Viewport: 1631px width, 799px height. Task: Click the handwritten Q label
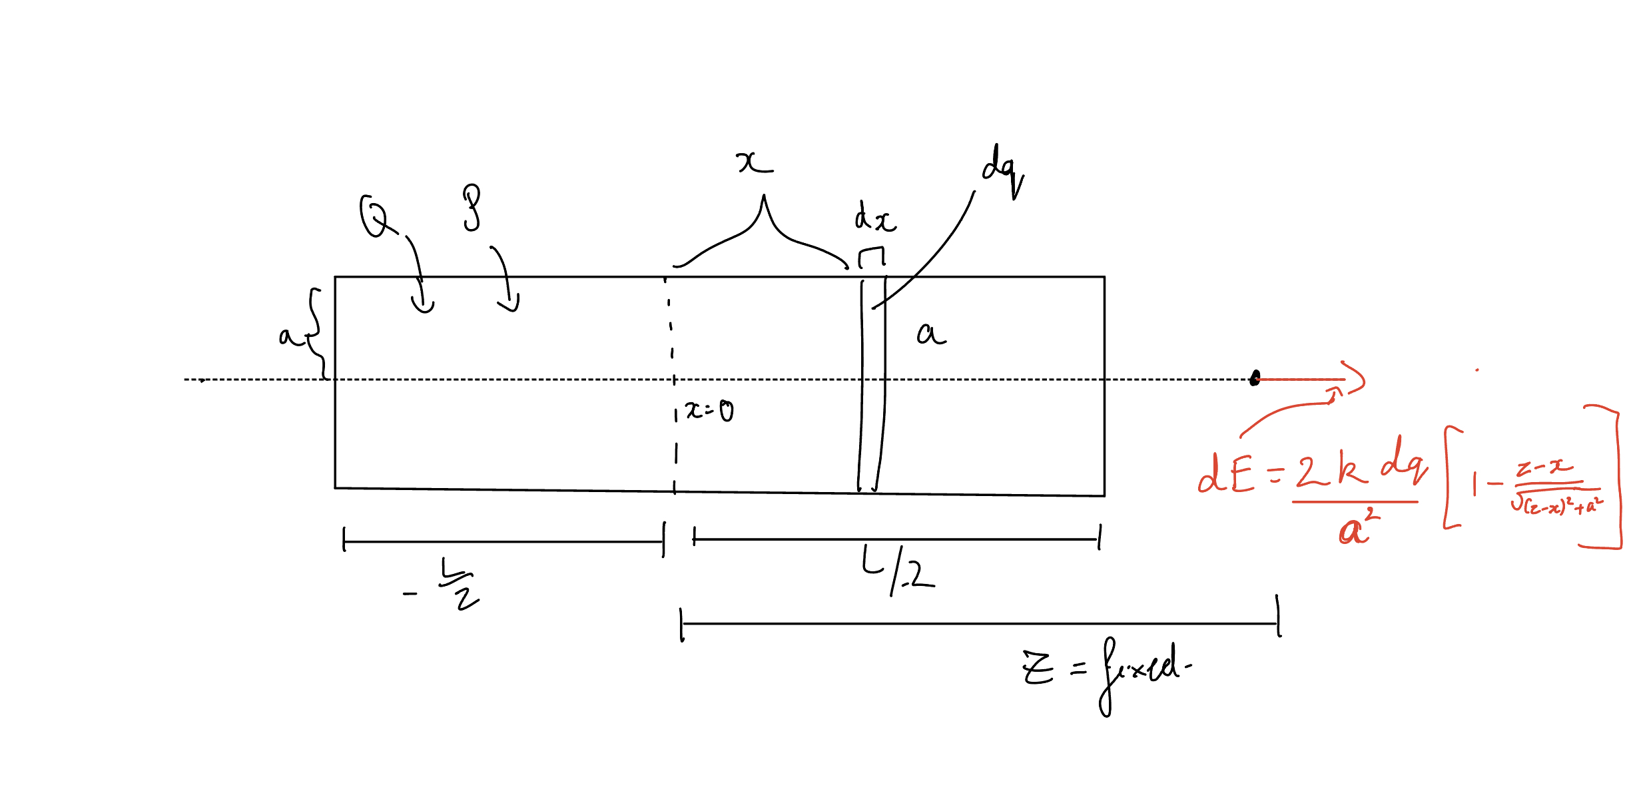click(374, 216)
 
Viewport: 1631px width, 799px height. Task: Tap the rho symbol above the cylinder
click(472, 208)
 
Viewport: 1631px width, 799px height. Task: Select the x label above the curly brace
click(755, 162)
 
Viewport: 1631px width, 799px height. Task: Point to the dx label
click(875, 218)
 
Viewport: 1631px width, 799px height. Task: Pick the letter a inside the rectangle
click(931, 334)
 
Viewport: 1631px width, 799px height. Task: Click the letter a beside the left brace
click(288, 336)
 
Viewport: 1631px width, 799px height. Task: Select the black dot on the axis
click(1255, 379)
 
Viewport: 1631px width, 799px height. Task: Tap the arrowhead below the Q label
click(423, 306)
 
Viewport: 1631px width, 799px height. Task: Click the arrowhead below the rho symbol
click(510, 306)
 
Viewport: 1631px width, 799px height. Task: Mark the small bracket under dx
click(872, 256)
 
